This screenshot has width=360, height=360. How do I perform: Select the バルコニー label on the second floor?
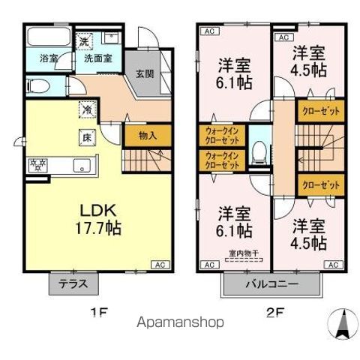pos(272,285)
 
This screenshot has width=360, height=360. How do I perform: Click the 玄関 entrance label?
pos(145,74)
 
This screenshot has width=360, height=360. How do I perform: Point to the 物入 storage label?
pos(148,136)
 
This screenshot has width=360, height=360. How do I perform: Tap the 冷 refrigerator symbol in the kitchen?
pos(87,109)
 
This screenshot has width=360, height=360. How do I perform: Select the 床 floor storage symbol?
pos(87,137)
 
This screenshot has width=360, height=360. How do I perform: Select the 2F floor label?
pos(272,312)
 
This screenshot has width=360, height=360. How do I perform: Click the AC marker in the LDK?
pos(160,265)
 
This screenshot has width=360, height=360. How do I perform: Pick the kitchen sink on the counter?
pos(80,166)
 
